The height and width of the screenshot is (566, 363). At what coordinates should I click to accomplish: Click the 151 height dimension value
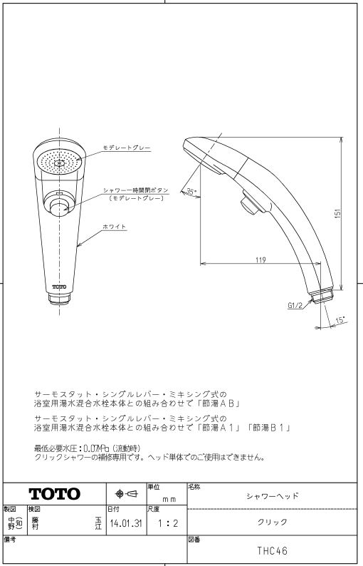[x=338, y=215]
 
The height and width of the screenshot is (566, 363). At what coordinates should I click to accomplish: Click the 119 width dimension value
[x=261, y=259]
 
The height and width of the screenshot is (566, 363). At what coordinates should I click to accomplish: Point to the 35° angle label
[x=191, y=192]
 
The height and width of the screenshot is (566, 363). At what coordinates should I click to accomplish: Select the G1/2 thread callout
[x=295, y=305]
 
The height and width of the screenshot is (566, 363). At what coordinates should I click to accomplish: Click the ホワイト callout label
[x=115, y=227]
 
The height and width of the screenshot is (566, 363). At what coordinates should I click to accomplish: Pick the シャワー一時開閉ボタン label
[x=136, y=190]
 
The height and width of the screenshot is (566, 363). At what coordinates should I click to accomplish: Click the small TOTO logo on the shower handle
[x=59, y=287]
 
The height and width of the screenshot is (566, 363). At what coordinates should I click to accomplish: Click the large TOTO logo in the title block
[x=54, y=494]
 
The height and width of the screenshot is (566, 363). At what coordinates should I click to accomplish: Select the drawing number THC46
[x=272, y=551]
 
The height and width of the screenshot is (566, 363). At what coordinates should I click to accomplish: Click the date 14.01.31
[x=126, y=523]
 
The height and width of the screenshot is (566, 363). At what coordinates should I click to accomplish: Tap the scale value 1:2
[x=168, y=523]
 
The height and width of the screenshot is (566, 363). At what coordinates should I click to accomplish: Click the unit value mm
[x=169, y=500]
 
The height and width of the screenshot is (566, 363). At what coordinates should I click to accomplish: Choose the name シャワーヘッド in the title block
[x=273, y=496]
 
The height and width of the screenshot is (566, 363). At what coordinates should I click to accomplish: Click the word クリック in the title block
[x=272, y=522]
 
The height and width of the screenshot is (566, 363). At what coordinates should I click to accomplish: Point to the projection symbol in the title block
[x=126, y=494]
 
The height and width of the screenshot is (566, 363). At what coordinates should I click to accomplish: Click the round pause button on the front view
[x=59, y=208]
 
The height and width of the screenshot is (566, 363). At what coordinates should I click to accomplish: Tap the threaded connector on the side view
[x=322, y=297]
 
